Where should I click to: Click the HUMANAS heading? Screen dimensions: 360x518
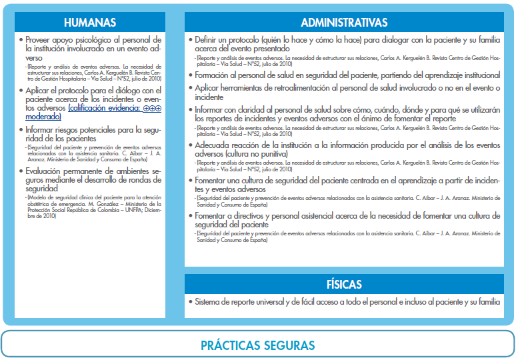tap(90, 22)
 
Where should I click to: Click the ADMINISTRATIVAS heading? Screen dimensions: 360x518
tap(344, 22)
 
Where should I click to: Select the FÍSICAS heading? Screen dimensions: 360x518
tap(344, 285)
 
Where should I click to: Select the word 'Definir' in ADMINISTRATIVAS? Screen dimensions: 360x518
tap(208, 40)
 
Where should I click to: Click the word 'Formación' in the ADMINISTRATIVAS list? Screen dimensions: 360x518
tap(215, 76)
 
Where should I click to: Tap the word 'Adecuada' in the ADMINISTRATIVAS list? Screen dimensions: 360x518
tap(215, 145)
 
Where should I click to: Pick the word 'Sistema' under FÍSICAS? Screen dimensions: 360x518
tap(209, 302)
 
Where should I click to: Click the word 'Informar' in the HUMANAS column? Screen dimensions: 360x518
tap(44, 129)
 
